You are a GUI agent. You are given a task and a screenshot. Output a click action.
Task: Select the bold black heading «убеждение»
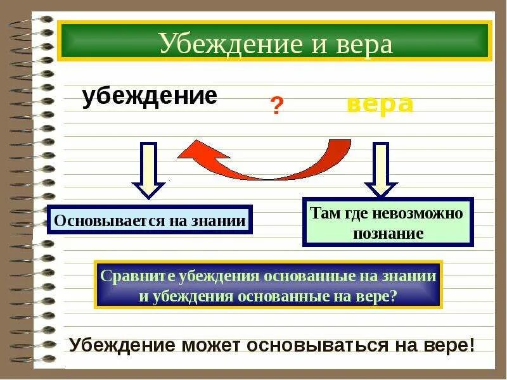coord(150,96)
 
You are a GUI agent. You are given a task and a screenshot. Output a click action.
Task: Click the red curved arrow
coord(266,163)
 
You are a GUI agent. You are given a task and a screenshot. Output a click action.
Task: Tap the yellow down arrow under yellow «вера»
coord(381,170)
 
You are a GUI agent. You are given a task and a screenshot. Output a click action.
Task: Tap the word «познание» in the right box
coord(388,232)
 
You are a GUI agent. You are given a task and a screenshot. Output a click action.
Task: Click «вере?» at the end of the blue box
coord(380,296)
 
